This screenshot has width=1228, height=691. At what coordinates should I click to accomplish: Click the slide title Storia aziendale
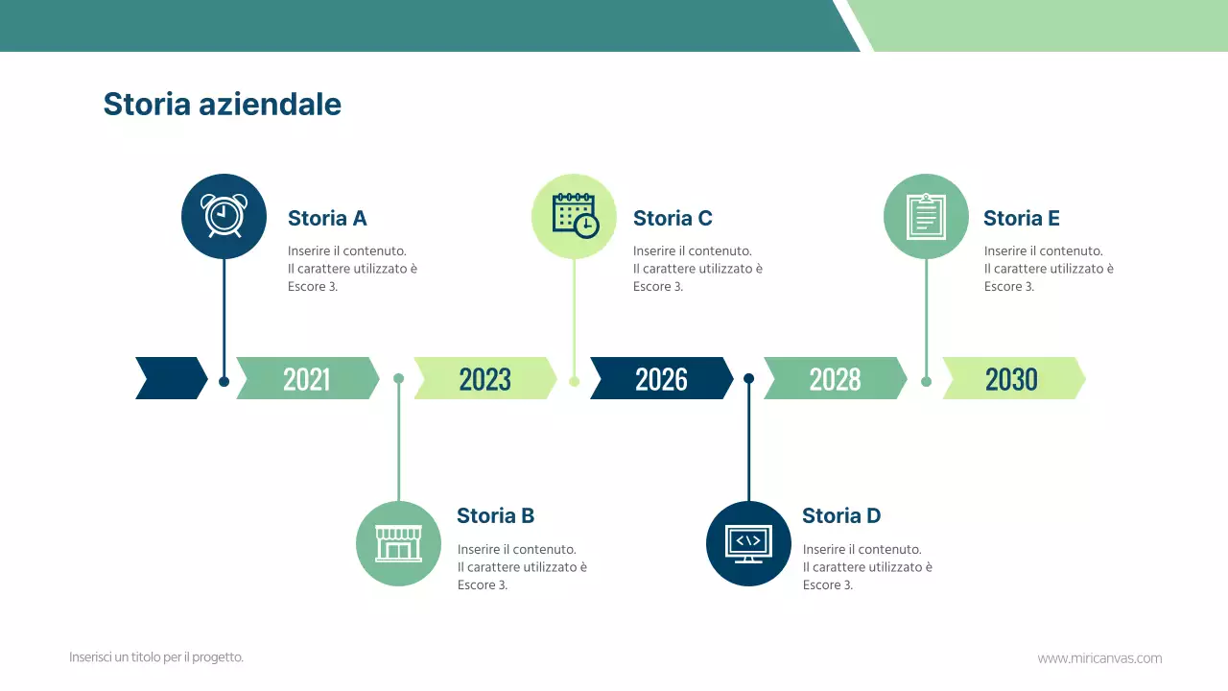coord(222,104)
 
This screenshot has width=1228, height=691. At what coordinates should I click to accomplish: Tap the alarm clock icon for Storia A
coord(224,216)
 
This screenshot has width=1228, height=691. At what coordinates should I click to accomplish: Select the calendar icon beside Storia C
coord(574,216)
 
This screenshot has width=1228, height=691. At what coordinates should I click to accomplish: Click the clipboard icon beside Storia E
coord(926,216)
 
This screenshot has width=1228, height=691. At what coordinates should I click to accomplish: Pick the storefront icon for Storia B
coord(398,543)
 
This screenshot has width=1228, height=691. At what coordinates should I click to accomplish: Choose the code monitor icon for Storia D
coord(748,543)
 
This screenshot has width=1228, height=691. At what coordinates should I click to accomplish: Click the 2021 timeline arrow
coord(307,379)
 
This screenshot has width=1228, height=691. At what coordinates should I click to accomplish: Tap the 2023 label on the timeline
coord(484,379)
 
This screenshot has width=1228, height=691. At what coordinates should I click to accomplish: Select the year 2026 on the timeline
coord(661,379)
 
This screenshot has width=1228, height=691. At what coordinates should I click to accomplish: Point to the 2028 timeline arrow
coord(835,379)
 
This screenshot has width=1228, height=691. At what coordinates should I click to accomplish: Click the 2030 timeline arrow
coord(1012,379)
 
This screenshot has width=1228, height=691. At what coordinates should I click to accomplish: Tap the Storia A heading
coord(327,219)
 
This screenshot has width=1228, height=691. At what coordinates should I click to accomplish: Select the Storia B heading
coord(495,516)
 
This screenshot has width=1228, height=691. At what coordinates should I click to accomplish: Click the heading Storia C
coord(673,219)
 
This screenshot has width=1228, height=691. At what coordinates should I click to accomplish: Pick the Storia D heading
coord(840,516)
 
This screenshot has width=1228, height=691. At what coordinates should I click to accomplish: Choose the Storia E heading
coord(1021,219)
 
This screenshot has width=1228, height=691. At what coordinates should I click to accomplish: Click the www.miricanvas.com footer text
coord(1099,658)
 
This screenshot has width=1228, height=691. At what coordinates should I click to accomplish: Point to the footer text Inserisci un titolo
coord(156,657)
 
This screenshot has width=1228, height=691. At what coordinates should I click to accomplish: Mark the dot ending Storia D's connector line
coord(748,378)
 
